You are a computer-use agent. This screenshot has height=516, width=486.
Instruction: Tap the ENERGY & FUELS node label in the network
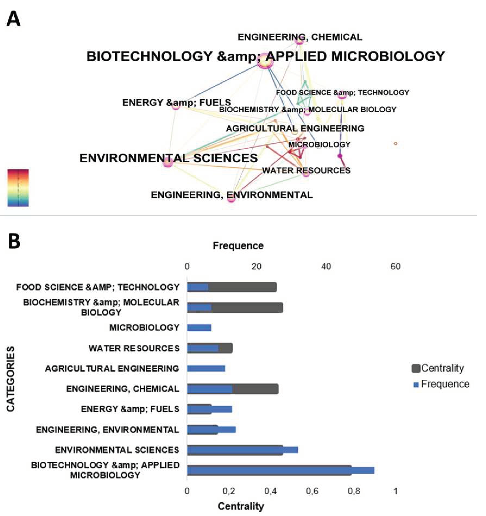point(176,103)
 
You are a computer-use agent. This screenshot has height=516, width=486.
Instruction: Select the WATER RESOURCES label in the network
point(306,170)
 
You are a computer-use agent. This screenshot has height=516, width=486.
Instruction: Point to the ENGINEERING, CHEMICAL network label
point(300,37)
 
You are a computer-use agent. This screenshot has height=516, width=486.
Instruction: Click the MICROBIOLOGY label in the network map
point(319,145)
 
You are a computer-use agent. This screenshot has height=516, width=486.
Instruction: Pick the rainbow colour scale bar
point(18,188)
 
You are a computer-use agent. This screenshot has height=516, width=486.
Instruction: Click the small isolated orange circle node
point(396,144)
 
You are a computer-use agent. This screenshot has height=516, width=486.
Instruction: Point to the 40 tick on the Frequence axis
point(326,266)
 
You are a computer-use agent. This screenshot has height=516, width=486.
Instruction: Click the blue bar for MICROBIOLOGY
point(199,328)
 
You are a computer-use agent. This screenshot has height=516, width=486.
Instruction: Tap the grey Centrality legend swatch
point(416,368)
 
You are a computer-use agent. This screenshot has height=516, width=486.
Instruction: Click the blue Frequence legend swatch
point(416,385)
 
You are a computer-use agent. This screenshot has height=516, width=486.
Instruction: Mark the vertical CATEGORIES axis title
point(11,379)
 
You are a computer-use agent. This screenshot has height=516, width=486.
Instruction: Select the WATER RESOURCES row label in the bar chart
point(134,348)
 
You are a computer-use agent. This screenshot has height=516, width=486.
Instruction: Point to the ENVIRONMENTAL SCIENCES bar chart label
point(117,450)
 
